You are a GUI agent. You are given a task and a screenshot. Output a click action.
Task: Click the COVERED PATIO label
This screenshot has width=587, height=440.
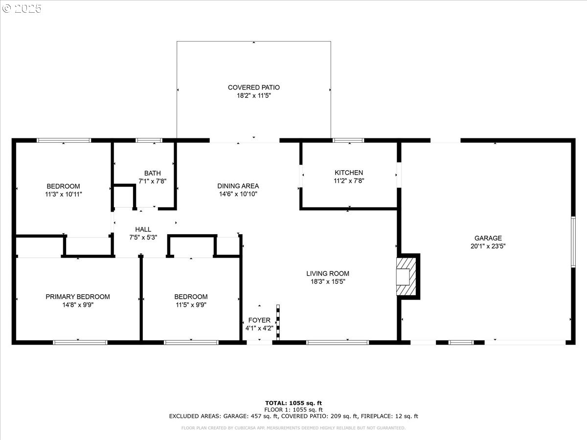(254, 88)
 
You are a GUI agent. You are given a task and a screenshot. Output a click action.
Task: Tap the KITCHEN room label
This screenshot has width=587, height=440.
(349, 173)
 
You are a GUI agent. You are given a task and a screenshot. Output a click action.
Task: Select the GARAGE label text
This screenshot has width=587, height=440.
(488, 238)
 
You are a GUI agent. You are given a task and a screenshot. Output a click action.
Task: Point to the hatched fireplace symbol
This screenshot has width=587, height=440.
(406, 276)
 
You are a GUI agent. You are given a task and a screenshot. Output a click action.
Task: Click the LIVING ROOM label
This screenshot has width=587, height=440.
(328, 274)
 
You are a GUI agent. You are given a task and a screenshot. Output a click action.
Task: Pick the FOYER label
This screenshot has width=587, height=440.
(259, 320)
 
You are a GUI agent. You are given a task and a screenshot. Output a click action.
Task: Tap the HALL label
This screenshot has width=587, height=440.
(143, 229)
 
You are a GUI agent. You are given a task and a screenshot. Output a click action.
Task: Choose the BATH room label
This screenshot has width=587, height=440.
(153, 173)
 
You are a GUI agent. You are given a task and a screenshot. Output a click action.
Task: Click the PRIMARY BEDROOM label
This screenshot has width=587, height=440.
(78, 297)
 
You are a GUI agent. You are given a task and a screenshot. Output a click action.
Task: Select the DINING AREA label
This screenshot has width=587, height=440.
(238, 186)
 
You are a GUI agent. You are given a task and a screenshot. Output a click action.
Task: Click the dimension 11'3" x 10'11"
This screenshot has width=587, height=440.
(64, 194)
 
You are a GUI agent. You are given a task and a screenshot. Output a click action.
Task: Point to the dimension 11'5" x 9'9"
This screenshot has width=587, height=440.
(191, 305)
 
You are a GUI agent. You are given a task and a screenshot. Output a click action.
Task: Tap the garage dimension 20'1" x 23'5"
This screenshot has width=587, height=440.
(488, 246)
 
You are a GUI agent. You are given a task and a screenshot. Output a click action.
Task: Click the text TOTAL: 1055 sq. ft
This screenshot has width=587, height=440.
(293, 403)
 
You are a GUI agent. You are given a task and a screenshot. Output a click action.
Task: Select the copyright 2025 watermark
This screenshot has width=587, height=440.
(22, 8)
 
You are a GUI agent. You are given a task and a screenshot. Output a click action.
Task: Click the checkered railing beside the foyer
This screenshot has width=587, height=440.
(278, 323)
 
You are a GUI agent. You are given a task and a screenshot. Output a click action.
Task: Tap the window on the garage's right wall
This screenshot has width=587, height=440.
(573, 242)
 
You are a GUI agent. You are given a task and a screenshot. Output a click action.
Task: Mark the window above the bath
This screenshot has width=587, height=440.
(149, 140)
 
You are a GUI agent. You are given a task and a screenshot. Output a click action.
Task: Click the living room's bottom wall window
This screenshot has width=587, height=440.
(338, 343)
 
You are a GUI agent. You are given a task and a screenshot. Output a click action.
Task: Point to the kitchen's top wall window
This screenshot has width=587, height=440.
(348, 140)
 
